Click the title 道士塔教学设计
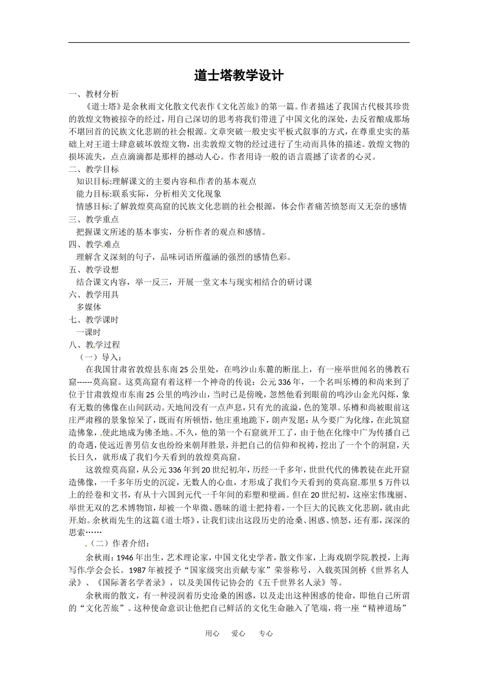(x=239, y=76)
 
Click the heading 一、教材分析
(x=94, y=94)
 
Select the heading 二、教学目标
(x=94, y=169)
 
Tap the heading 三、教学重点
(x=94, y=220)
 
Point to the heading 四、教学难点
(x=94, y=245)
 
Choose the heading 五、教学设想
(x=94, y=269)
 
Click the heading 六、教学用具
(x=94, y=295)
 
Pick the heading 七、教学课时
(x=94, y=320)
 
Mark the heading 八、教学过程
(x=94, y=345)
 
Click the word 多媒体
(x=89, y=307)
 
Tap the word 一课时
(x=89, y=332)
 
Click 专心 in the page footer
(x=266, y=634)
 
